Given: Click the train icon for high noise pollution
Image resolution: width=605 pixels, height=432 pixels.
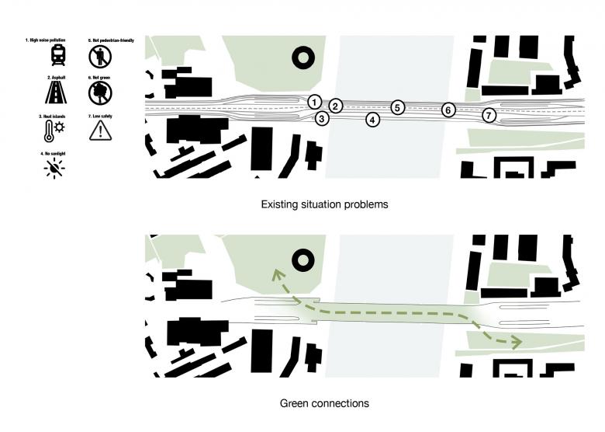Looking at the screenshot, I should tap(58, 55).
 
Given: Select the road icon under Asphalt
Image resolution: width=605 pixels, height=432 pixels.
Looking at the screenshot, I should tap(58, 93).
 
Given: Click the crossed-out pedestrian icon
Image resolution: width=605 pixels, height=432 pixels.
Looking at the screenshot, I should tap(100, 55).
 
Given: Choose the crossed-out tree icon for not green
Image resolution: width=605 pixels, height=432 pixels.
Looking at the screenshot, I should tap(100, 93).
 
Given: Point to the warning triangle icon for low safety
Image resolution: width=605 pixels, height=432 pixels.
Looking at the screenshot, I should tap(100, 131).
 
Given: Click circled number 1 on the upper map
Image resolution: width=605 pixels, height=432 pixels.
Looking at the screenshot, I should tap(313, 102).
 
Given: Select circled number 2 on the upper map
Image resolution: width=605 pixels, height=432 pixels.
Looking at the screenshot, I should tap(335, 106).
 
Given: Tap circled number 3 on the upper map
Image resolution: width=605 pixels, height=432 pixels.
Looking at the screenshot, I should tap(322, 119).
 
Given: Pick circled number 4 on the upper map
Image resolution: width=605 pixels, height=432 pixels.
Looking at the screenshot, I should tap(373, 120).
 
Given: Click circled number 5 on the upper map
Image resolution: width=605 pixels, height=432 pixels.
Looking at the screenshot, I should tap(397, 108).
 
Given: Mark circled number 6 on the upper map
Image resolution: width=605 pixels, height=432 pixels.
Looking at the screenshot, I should tap(448, 110).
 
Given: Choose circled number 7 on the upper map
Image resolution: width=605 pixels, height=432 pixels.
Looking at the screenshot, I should tap(489, 116).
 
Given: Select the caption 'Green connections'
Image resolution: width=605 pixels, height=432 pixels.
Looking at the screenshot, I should tap(313, 403).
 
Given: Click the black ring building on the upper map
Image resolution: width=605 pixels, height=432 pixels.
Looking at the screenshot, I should tap(301, 57).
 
